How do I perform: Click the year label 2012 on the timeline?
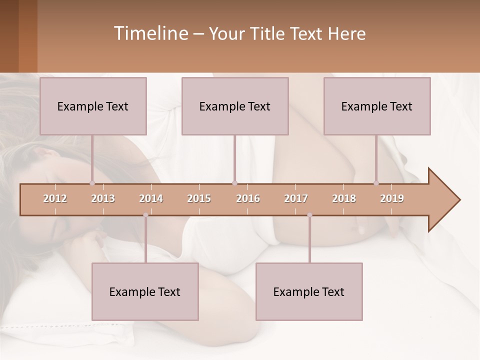point(55,198)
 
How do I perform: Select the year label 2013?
point(103,198)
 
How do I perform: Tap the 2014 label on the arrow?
point(151,198)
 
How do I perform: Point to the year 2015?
point(199,198)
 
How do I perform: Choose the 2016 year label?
point(248,198)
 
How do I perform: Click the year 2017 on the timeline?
point(296,198)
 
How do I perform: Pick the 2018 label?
point(344,198)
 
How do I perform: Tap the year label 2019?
point(392,198)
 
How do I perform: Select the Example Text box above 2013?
point(93,106)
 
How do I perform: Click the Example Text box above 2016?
point(235,106)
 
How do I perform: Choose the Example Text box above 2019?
point(377,106)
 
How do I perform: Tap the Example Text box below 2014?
point(145,291)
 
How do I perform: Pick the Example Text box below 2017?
point(309,291)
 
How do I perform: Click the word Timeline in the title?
point(150,33)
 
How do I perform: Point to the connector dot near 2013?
point(92,183)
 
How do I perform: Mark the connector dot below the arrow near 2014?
point(145,215)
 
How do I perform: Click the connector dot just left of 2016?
point(234,183)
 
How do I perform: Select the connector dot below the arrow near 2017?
point(309,215)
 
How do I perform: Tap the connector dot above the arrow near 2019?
point(376,183)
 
